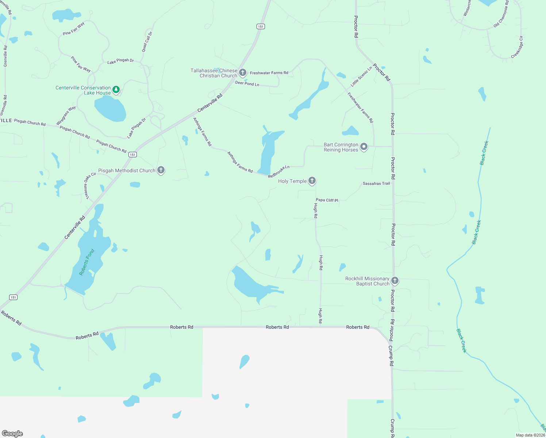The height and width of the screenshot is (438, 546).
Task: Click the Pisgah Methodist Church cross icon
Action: (x=161, y=170)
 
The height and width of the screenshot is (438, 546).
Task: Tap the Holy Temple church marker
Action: (x=312, y=180)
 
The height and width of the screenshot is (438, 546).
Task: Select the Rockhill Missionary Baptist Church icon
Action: (x=395, y=281)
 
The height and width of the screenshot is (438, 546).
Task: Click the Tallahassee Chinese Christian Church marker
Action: (x=243, y=73)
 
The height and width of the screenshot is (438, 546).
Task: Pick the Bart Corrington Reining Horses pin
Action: (x=364, y=147)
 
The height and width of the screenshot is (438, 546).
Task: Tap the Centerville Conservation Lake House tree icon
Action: (x=116, y=89)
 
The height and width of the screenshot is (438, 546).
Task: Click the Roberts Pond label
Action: (x=87, y=262)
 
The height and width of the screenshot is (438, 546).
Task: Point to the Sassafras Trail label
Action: (x=376, y=184)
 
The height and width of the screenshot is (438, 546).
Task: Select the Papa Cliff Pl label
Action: (x=327, y=200)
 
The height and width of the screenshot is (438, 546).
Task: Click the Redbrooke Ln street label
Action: (x=278, y=172)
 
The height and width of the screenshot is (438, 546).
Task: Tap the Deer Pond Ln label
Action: (x=247, y=84)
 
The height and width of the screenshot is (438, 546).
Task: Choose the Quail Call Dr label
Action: (x=147, y=42)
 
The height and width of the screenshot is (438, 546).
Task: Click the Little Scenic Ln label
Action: (x=361, y=77)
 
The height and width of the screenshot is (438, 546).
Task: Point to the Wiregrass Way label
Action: (x=66, y=115)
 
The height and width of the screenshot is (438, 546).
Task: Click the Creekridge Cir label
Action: (x=517, y=47)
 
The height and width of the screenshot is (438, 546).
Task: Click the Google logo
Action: (x=12, y=434)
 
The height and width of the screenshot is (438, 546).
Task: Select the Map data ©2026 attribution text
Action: (x=530, y=435)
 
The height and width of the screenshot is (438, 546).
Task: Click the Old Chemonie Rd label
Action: (x=501, y=14)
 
